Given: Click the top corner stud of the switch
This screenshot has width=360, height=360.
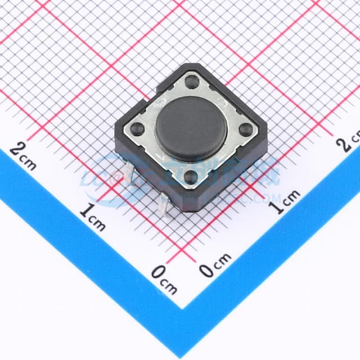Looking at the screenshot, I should click(x=192, y=82).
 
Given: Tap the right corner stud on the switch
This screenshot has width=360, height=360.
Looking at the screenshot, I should click(x=245, y=129).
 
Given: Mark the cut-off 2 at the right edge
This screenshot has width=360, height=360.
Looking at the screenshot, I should click(x=343, y=145).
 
